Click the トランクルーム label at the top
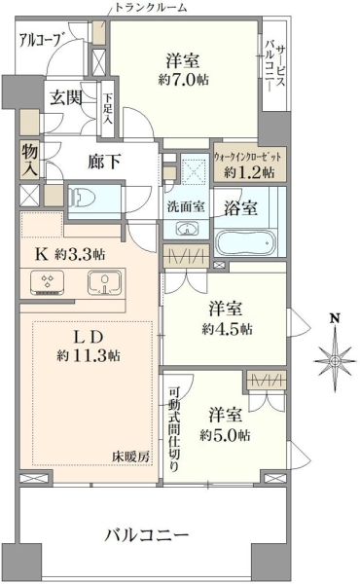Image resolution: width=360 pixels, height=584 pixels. point(151,7)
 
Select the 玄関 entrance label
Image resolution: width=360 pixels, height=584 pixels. point(66,98)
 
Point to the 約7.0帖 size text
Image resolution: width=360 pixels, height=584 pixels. point(183,80)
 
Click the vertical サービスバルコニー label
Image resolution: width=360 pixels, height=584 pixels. point(275,66)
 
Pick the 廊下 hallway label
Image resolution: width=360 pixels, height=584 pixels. point(104,162)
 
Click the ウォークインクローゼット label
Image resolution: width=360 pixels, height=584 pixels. point(247,157)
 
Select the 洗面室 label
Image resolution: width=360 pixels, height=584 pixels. point(186,206)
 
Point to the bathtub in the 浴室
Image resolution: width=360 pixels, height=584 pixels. point(246,242)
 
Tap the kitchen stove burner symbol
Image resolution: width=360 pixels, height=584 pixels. point(47,282)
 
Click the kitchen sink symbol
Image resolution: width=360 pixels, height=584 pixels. point(105,282)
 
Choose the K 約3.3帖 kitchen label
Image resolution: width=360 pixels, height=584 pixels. point(70,254)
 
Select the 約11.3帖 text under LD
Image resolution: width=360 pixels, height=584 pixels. point(89,356)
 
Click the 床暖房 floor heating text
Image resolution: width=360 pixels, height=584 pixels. point(131,456)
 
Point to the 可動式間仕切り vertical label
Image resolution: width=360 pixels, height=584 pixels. point(174,430)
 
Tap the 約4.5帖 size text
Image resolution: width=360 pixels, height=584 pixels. point(227,329)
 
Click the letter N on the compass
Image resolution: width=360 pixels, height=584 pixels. point(336,318)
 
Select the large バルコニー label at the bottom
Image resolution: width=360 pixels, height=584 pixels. point(146,535)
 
